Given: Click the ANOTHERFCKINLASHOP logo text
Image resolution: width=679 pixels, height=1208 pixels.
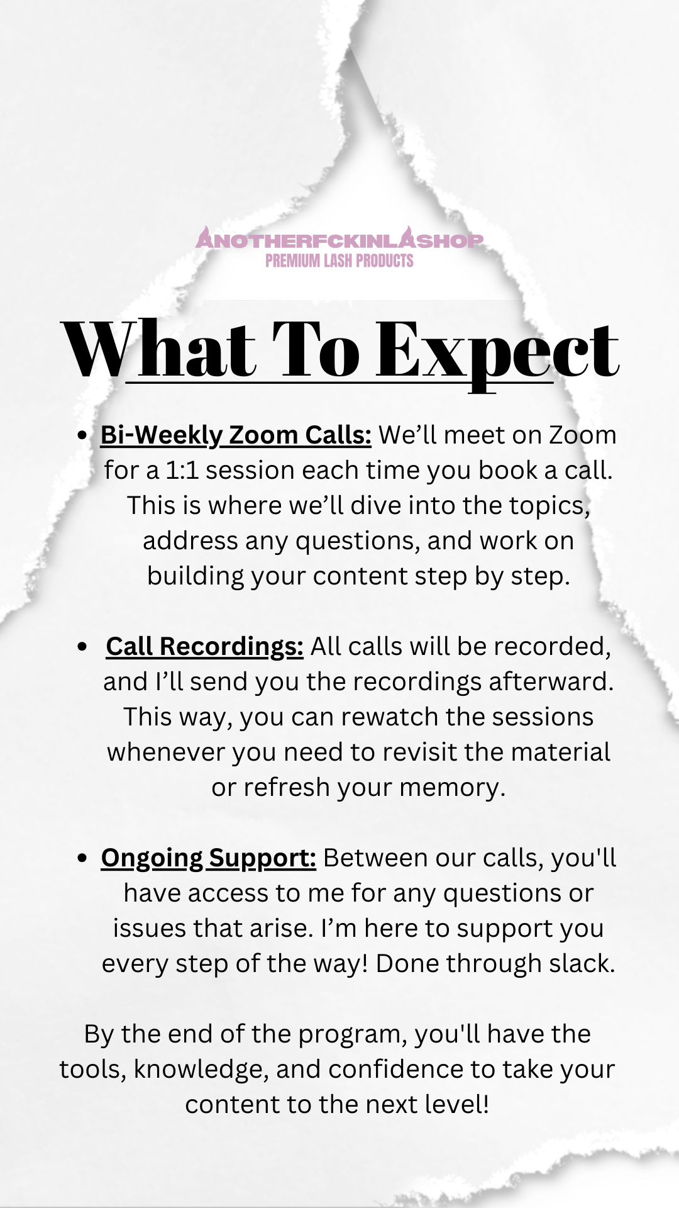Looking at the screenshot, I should pyautogui.click(x=339, y=239).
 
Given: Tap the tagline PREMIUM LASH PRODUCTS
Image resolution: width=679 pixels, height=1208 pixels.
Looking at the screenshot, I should pyautogui.click(x=339, y=260).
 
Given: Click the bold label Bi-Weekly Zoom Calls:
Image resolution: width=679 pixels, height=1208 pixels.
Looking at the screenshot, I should pyautogui.click(x=236, y=435).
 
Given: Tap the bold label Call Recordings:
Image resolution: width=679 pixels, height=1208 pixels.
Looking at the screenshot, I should pyautogui.click(x=204, y=646).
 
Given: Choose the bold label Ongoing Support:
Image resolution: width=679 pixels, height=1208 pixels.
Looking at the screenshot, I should pyautogui.click(x=208, y=858).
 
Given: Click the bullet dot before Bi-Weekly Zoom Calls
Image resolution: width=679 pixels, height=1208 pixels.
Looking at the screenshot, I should pyautogui.click(x=82, y=435).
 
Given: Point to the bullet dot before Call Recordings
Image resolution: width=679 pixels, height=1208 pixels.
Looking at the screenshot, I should pyautogui.click(x=82, y=647).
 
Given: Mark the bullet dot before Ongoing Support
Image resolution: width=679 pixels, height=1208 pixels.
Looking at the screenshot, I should pyautogui.click(x=82, y=858).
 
